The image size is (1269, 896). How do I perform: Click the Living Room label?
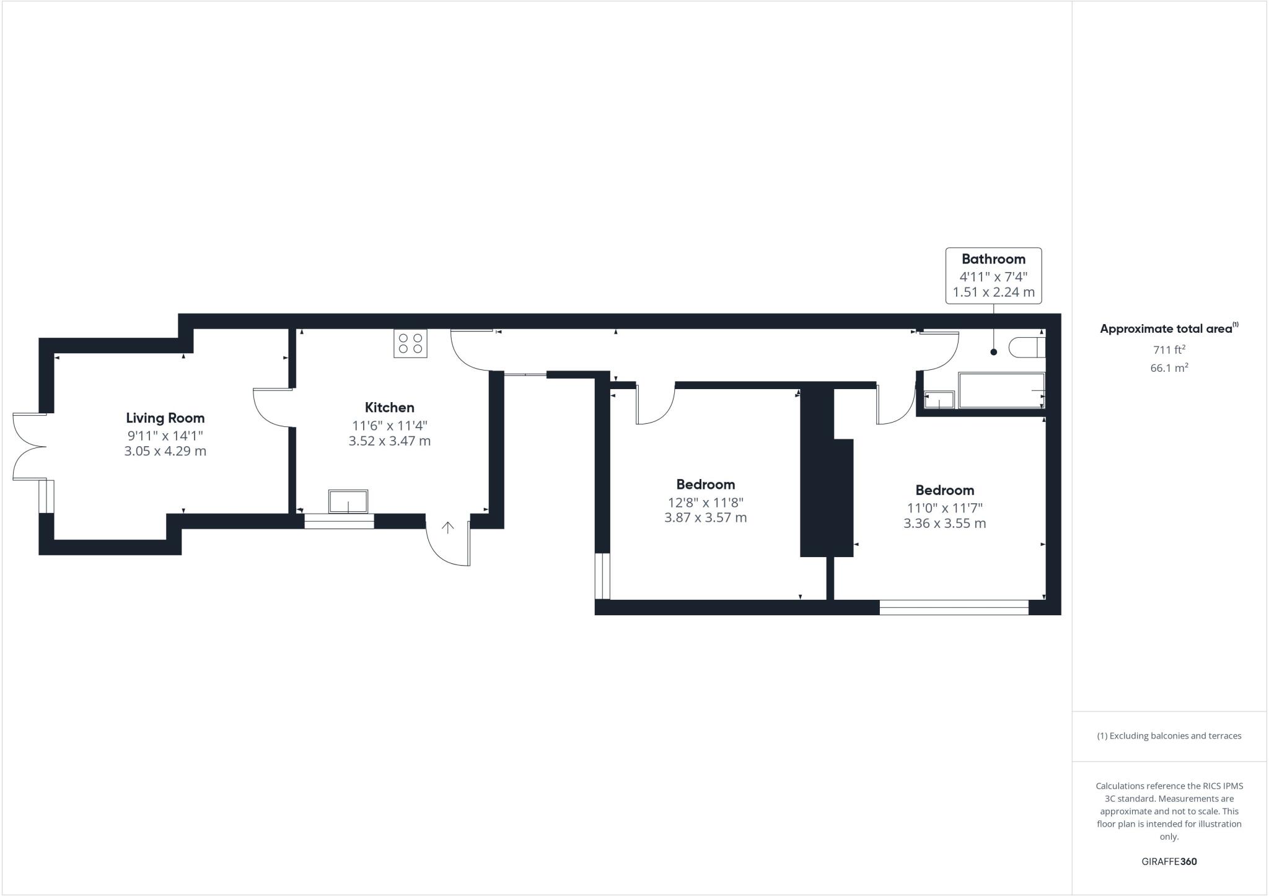pos(165,418)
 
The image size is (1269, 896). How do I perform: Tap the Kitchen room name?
pos(389,408)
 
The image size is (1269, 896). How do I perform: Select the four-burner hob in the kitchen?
pos(410,343)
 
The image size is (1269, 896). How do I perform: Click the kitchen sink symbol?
pos(348,501)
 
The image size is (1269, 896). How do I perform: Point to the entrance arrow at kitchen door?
pos(447,527)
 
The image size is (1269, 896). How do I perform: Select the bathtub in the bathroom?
pos(1001,390)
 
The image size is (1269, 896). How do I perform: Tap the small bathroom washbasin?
pos(939,400)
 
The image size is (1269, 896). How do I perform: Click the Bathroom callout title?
pos(993,259)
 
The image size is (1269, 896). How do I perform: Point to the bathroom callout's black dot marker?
pos(994,352)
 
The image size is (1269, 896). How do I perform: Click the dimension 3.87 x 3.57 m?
pos(705,517)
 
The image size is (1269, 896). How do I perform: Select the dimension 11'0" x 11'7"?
pos(944,508)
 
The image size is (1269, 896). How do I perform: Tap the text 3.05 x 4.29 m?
pos(165,451)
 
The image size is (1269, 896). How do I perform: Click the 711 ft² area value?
pos(1169,349)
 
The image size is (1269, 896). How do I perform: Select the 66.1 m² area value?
pos(1169,368)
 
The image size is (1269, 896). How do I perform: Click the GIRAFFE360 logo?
pos(1169,861)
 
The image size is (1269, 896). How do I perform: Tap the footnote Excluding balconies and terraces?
pos(1169,736)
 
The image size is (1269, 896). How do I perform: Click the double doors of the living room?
pos(28,446)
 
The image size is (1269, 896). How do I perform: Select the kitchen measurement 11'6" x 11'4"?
pos(389,426)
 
